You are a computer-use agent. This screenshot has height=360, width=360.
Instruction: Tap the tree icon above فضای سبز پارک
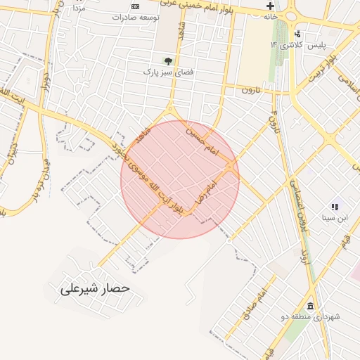(x=167, y=60)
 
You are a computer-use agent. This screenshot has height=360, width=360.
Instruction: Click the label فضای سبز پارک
(x=168, y=72)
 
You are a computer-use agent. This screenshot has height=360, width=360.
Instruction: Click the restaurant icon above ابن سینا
(x=335, y=207)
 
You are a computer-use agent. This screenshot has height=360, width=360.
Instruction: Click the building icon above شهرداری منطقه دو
(x=310, y=305)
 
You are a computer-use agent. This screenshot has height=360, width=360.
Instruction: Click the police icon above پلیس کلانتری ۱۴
(x=298, y=33)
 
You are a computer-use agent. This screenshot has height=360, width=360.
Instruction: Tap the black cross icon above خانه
(x=270, y=6)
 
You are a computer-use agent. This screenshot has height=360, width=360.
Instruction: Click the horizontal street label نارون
(x=251, y=90)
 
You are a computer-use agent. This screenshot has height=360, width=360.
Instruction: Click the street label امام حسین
(x=203, y=141)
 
